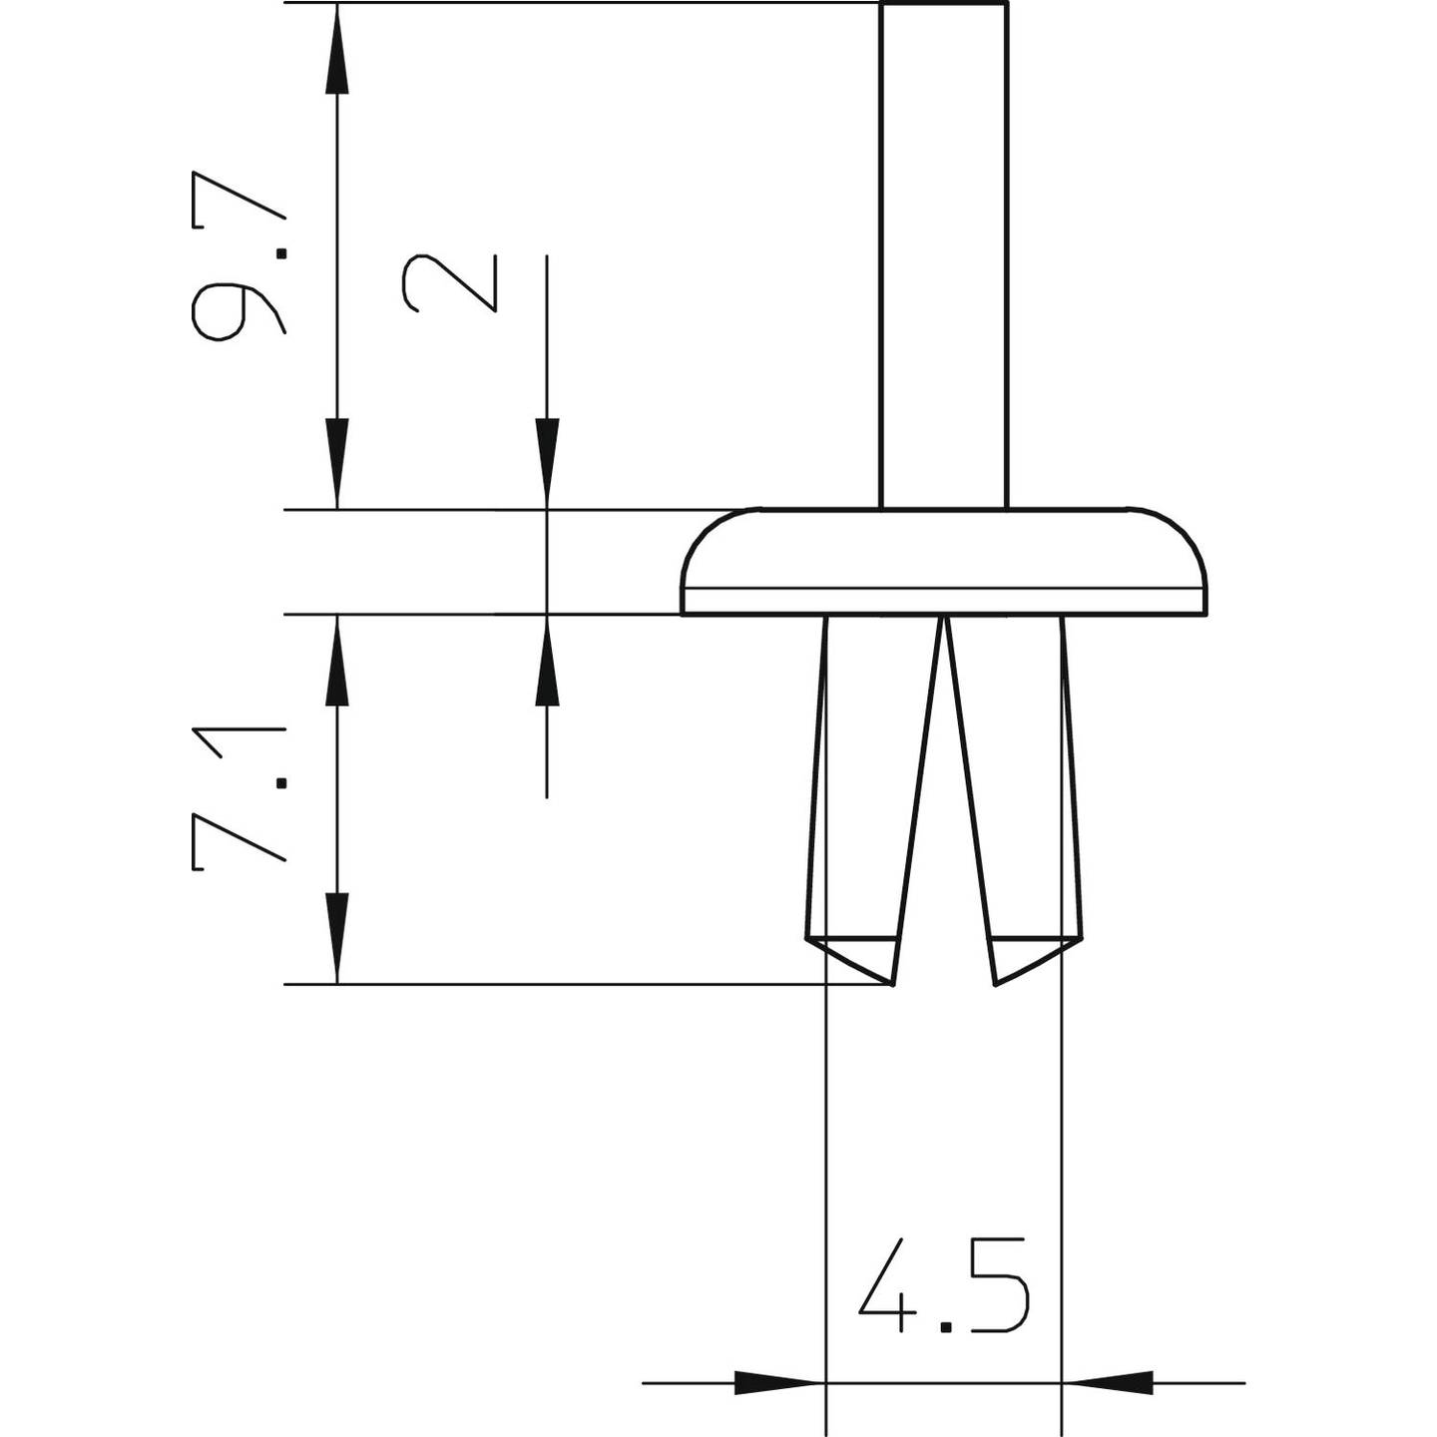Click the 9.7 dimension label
point(239,255)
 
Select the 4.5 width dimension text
point(943,1286)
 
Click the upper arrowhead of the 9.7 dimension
point(337,50)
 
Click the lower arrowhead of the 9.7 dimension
point(337,464)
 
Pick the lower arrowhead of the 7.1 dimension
point(337,938)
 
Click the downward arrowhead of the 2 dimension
point(547,464)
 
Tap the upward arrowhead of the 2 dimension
point(547,661)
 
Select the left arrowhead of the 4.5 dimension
point(778,1383)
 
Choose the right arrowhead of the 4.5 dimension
point(1108,1383)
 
